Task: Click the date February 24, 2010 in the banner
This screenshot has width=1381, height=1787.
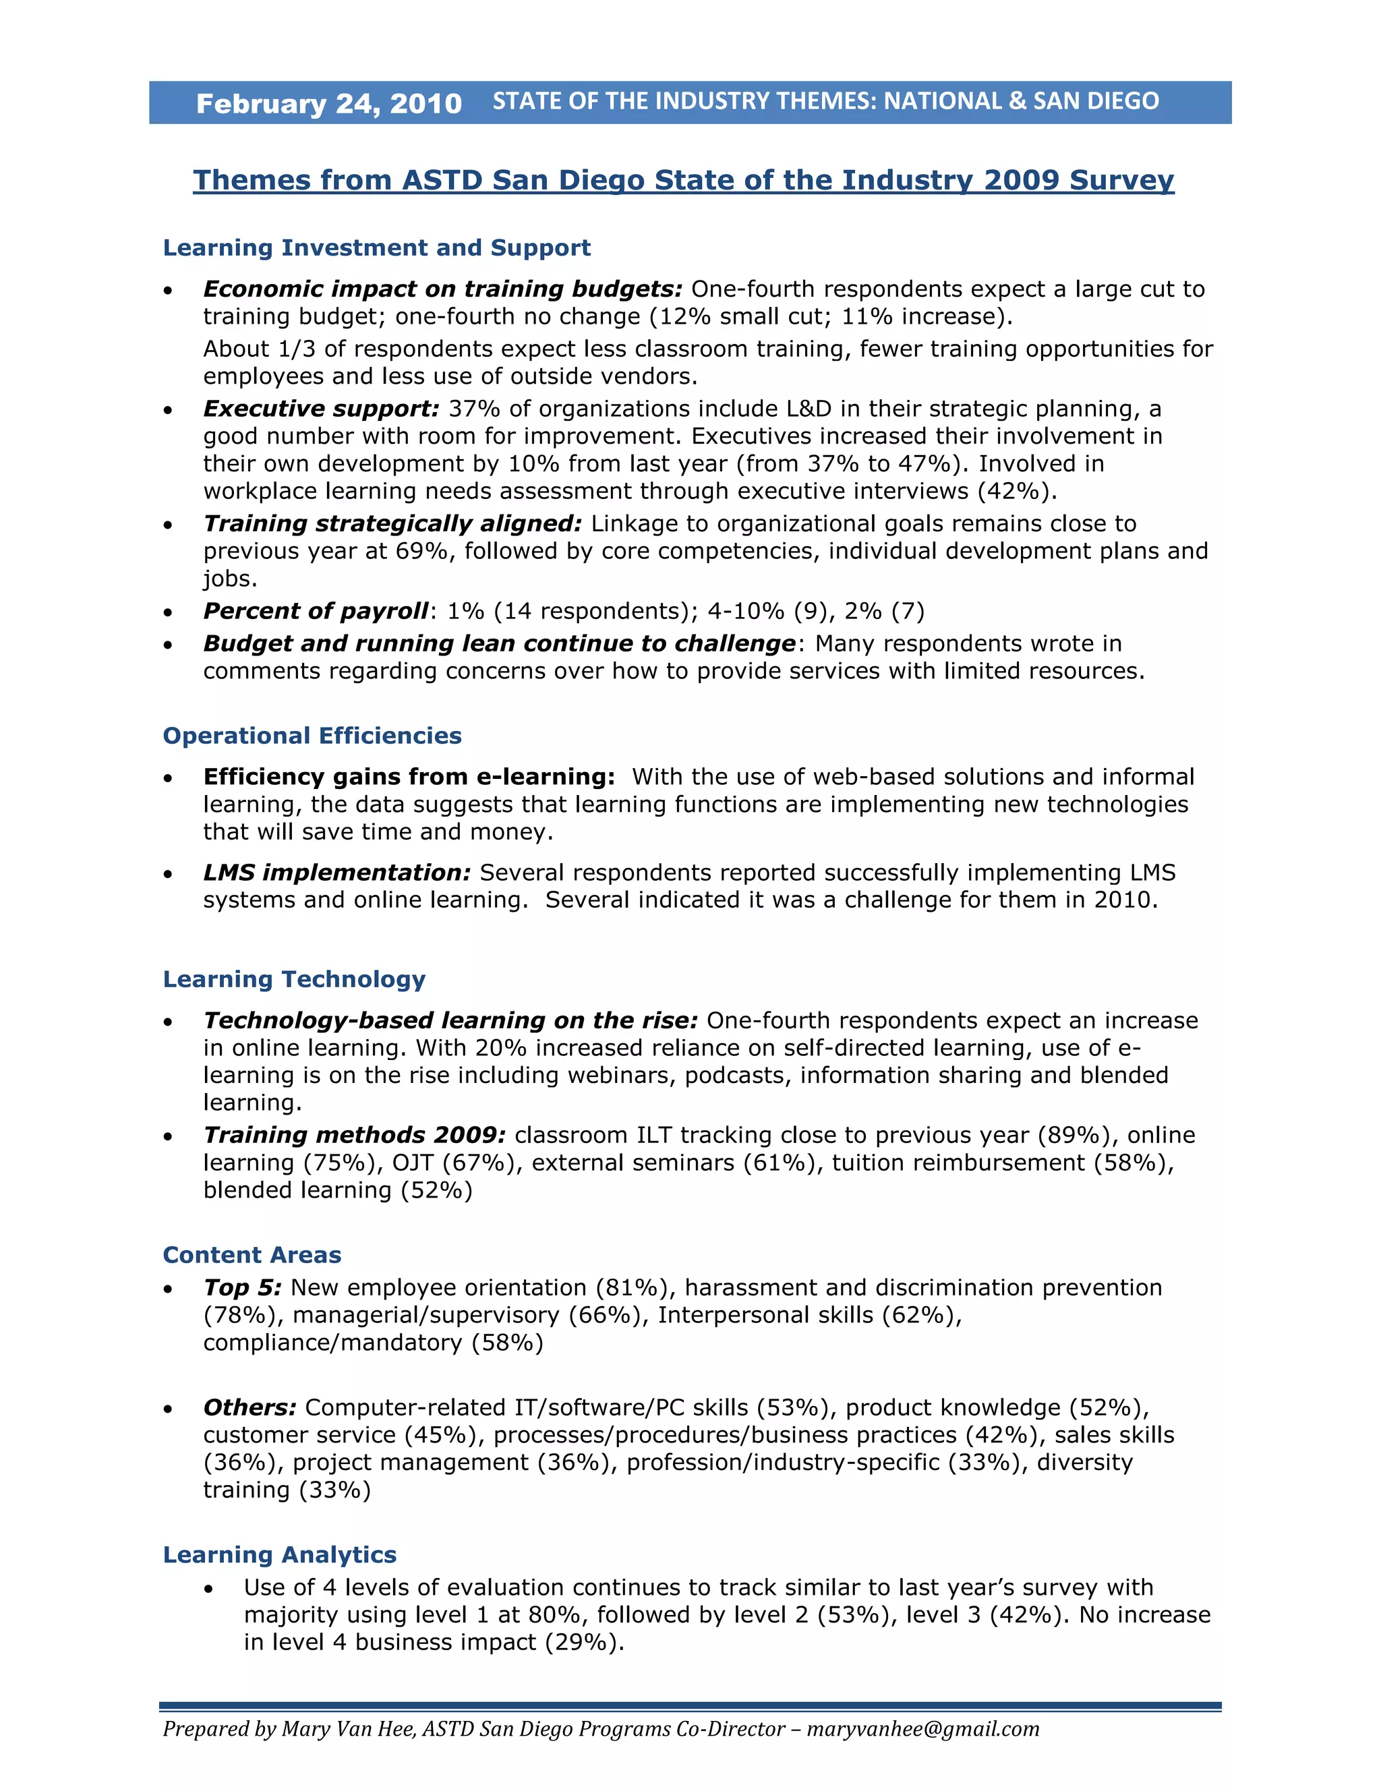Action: (x=329, y=104)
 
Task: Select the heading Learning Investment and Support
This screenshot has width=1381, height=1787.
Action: (x=376, y=248)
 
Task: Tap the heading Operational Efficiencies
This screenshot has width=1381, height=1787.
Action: (x=312, y=736)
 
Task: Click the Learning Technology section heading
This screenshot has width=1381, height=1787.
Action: (x=294, y=979)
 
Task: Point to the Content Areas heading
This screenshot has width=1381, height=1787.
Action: (x=252, y=1255)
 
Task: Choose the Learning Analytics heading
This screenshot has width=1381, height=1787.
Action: (x=279, y=1554)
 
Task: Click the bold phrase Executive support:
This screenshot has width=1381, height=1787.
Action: (x=322, y=409)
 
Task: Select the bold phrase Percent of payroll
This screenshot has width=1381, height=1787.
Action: (x=315, y=611)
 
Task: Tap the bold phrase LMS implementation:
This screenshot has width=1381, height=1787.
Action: (x=337, y=873)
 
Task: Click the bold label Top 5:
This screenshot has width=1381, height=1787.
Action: (x=242, y=1288)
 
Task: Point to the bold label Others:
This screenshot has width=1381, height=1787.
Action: (x=249, y=1407)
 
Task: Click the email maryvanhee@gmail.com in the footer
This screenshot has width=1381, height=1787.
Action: (x=923, y=1729)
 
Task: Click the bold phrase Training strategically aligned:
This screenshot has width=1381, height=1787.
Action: (x=392, y=524)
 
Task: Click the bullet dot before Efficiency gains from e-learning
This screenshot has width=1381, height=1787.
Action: (x=168, y=778)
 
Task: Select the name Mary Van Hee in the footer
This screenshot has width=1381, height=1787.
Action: (x=349, y=1729)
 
